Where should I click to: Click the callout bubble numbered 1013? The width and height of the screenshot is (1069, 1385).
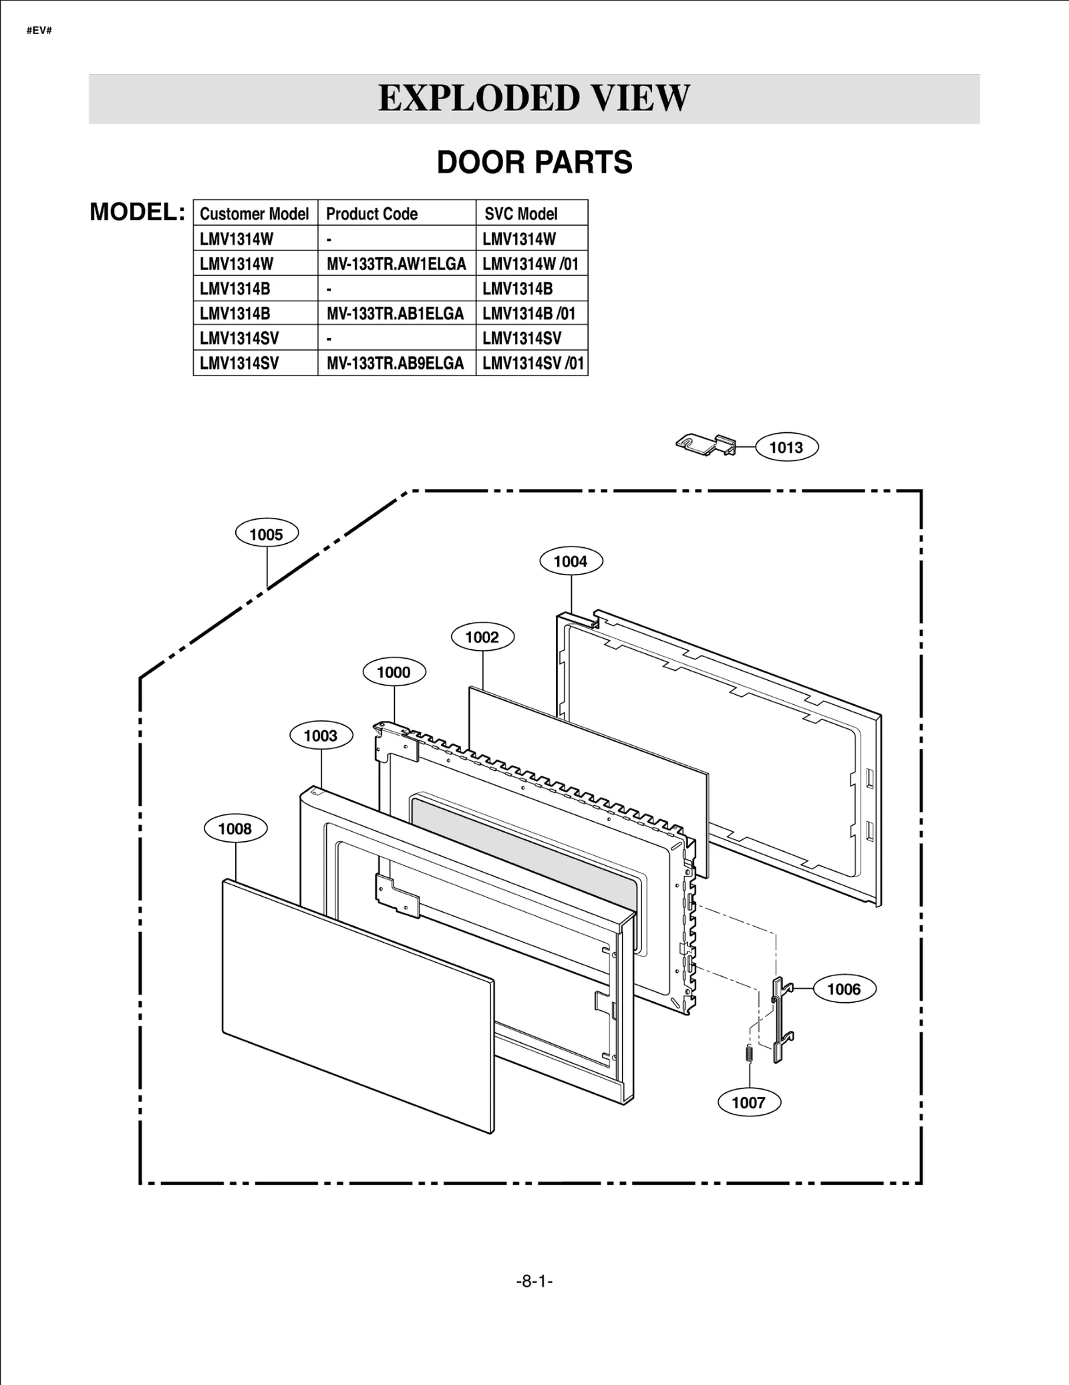786,447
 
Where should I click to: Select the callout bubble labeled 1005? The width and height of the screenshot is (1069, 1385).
267,534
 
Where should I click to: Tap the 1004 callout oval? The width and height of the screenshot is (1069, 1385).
571,561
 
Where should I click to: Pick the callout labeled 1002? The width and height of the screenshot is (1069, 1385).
482,637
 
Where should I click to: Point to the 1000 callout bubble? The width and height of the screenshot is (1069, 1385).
394,672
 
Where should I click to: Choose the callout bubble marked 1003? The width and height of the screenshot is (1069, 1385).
321,736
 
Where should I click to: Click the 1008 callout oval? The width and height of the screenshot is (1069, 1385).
235,828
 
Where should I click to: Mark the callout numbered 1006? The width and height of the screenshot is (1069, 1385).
844,989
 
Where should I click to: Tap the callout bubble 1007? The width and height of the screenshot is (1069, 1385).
748,1102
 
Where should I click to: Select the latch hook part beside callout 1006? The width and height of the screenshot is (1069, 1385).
780,1020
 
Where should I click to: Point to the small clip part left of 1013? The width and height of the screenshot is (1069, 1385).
705,444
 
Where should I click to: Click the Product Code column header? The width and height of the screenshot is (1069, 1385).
371,214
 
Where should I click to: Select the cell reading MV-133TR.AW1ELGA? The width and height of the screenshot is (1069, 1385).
396,264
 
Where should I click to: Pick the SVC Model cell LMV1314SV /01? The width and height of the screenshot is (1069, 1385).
532,363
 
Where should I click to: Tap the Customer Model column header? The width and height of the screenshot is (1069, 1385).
254,214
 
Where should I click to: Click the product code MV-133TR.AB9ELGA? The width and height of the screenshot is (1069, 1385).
395,363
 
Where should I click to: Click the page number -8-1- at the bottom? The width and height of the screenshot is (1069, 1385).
534,1281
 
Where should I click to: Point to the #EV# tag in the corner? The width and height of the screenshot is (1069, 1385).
39,31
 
